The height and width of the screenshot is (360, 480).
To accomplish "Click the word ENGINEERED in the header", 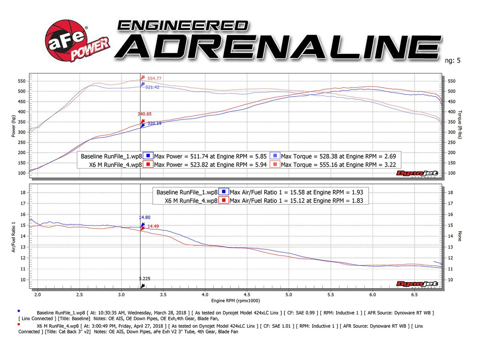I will (x=183, y=26).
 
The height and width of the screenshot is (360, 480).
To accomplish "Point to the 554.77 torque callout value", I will (x=154, y=78).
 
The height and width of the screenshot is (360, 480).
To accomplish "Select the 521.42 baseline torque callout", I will (x=152, y=87).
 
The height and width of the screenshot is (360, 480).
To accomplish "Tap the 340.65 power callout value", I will (x=145, y=114).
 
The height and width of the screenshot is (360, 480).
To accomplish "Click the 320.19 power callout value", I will (x=154, y=123).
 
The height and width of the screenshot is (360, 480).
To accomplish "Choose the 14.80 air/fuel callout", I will (x=145, y=217).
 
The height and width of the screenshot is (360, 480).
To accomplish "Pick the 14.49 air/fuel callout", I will (x=153, y=226).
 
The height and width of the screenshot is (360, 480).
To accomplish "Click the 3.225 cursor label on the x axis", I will (x=145, y=279).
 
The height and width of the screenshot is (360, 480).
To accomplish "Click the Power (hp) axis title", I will (x=13, y=126).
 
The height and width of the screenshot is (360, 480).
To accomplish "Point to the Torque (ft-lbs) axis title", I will (x=460, y=124).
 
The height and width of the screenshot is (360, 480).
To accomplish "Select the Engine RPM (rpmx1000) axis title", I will (x=236, y=301).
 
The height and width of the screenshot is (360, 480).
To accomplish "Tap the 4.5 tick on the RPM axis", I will (x=247, y=295).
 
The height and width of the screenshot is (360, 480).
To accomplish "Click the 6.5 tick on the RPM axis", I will (x=414, y=295).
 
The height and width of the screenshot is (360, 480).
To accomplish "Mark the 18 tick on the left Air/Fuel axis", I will (x=23, y=193).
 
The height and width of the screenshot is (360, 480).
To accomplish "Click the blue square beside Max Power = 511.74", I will (x=148, y=156).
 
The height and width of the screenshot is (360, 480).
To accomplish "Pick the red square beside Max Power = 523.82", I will (x=148, y=164).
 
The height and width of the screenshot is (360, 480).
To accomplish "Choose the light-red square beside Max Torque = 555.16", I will (x=275, y=164).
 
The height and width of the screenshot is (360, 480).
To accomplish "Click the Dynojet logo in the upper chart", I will (x=417, y=173).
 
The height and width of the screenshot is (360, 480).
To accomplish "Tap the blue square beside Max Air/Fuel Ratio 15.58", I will (x=224, y=192).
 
